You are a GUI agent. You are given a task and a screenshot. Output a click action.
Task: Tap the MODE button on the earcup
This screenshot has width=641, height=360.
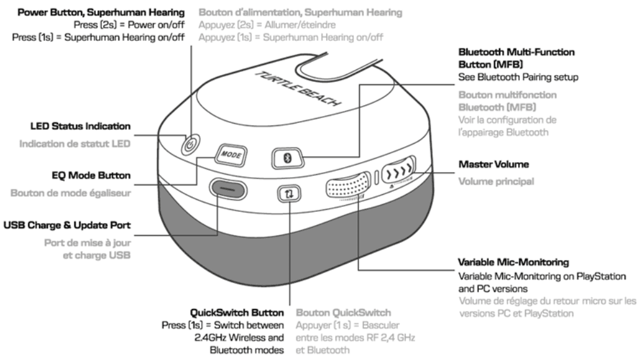[x=230, y=154]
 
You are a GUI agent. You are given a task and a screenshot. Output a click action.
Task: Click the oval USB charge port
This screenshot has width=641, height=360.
[x=228, y=188]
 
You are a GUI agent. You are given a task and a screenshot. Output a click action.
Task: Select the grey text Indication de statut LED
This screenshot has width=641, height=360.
[x=74, y=144]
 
